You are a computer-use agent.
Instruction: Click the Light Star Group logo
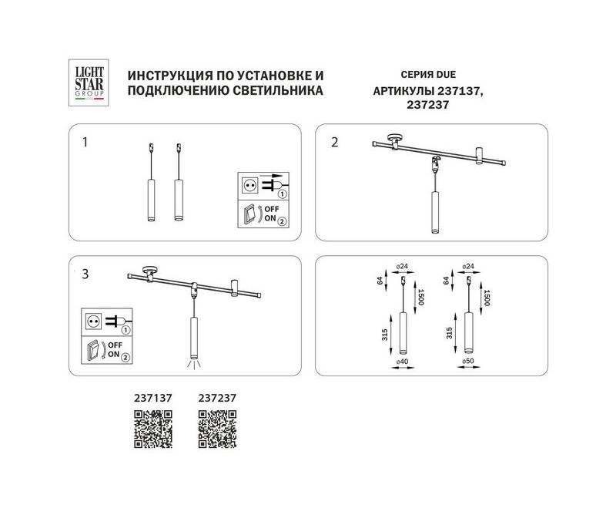89,82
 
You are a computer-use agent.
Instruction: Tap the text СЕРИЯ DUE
428,74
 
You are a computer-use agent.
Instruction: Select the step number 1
85,142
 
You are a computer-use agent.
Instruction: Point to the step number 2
334,142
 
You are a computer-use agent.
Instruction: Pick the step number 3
85,274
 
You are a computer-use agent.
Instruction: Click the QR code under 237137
153,429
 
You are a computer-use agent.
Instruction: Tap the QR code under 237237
217,429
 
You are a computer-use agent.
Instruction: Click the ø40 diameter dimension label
402,362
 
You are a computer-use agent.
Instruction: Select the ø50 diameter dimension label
468,362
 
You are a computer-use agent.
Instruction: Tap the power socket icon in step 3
93,322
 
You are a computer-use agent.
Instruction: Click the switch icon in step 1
249,214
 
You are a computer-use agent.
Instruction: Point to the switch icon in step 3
93,352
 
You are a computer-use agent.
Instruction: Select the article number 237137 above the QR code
152,398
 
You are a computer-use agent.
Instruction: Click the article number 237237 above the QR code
217,398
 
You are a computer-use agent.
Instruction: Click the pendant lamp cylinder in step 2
434,212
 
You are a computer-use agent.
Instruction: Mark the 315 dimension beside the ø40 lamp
384,335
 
